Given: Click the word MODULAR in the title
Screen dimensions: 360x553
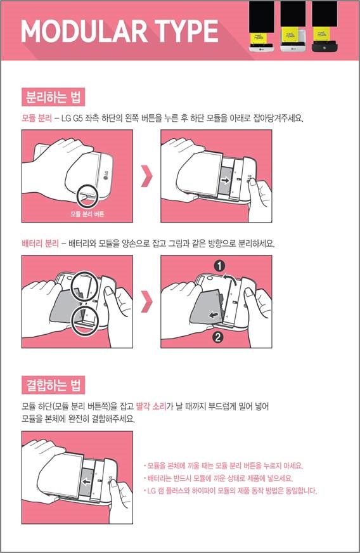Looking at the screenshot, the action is point(84,31).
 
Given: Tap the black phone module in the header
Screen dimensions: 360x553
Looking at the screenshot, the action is point(325,27).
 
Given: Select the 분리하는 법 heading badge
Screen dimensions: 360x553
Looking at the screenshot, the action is point(53,96).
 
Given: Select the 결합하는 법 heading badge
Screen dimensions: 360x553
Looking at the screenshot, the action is point(53,385).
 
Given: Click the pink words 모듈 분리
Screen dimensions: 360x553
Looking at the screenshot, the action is point(37,118).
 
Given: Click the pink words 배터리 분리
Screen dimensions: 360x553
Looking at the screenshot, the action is point(40,244).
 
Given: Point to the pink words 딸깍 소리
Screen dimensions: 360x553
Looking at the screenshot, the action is point(151,407).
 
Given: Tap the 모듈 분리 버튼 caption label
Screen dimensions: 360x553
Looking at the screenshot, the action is point(87,214).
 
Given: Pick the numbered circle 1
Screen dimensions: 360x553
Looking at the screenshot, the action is point(220,266).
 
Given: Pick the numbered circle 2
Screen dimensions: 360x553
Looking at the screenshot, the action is point(217,337).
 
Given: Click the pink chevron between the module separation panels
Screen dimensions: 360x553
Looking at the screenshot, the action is point(147,176).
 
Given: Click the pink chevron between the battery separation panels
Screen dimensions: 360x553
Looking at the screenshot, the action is point(147,301).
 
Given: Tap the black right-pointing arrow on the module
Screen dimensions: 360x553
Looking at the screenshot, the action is point(225,181).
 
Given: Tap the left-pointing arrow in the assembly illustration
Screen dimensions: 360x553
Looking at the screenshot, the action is point(86,482).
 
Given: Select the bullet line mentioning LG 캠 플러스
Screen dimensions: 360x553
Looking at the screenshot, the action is point(231,491).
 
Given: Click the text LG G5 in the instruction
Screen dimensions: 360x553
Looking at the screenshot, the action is point(72,118).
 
